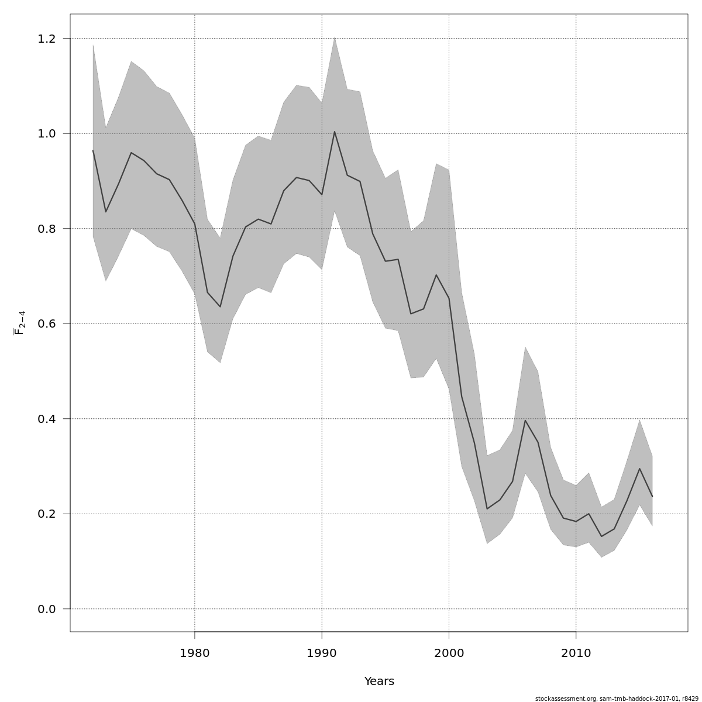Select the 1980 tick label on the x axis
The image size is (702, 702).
195,652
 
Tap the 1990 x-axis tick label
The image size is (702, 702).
322,652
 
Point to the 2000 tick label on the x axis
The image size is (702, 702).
449,652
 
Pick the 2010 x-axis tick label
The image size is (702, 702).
576,652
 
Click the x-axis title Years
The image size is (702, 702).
379,682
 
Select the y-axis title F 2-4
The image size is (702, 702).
19,323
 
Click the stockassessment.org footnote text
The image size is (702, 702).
617,698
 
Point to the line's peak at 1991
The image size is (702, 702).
335,132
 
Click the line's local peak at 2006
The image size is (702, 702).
525,421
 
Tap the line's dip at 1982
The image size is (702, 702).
220,307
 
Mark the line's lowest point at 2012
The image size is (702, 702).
601,536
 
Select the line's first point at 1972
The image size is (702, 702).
93,150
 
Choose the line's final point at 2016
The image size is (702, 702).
652,497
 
